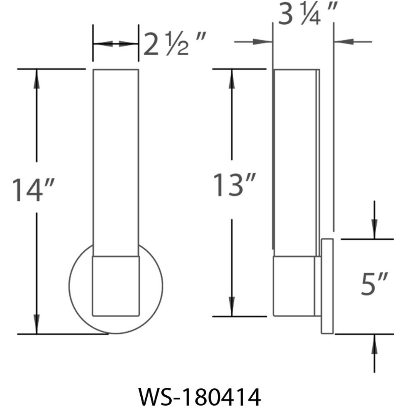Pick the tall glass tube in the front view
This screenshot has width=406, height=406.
116,161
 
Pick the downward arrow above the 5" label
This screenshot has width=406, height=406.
374,227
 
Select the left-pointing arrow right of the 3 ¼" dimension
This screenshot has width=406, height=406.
344,42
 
